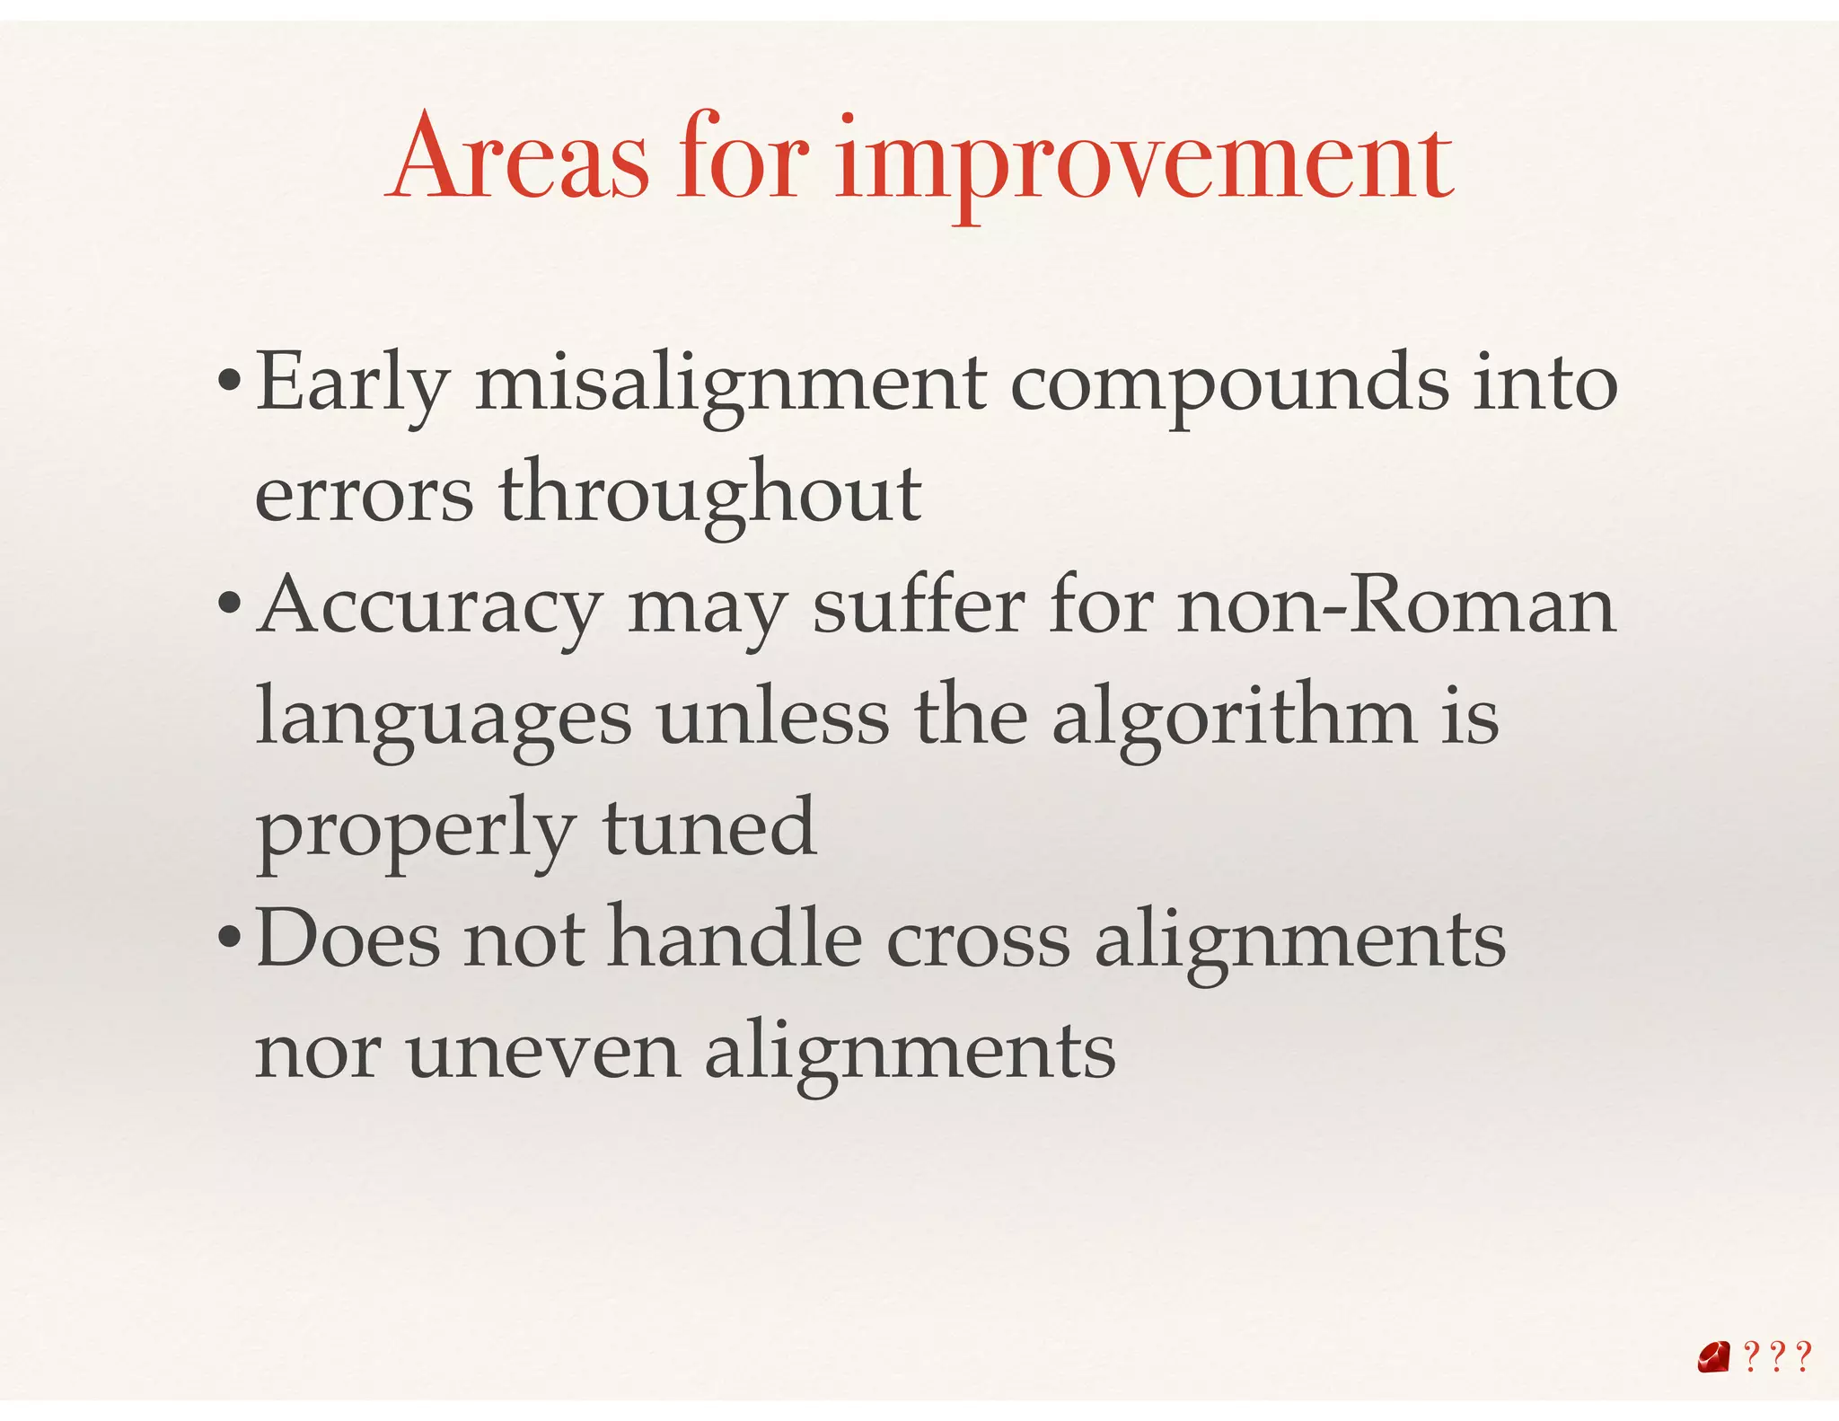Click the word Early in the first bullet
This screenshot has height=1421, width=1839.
pyautogui.click(x=352, y=384)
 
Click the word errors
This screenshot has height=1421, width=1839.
pyautogui.click(x=364, y=495)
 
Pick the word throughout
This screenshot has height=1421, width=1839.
pyautogui.click(x=709, y=495)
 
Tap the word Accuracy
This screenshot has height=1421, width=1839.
pyautogui.click(x=430, y=608)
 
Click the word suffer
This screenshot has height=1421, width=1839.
pyautogui.click(x=918, y=606)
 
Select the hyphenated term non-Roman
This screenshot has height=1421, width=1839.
pyautogui.click(x=1396, y=606)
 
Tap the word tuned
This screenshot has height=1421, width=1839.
pyautogui.click(x=709, y=828)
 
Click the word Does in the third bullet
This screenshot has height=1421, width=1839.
pyautogui.click(x=348, y=940)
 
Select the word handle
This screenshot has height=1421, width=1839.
pyautogui.click(x=735, y=940)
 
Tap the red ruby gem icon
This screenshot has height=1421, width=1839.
pyautogui.click(x=1713, y=1357)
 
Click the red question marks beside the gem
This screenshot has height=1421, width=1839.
pyautogui.click(x=1777, y=1357)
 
